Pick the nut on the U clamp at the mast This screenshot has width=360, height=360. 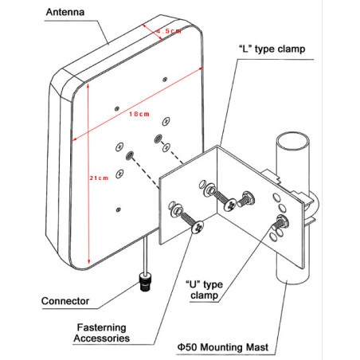(281, 221)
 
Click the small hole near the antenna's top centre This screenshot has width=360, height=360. (163, 79)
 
